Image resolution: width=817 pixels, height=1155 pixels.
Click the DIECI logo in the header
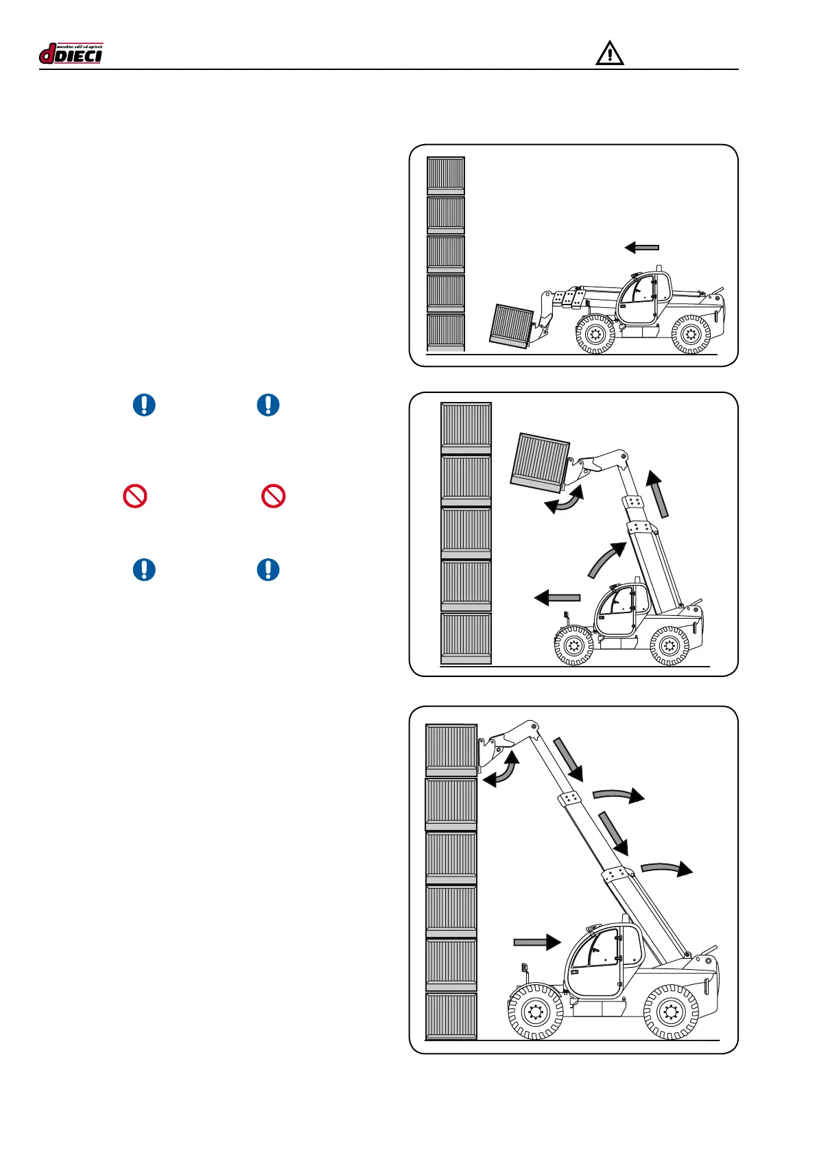coord(71,53)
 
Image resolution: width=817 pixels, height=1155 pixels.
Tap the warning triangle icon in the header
coord(609,53)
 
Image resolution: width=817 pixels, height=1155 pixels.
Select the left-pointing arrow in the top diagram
coord(641,248)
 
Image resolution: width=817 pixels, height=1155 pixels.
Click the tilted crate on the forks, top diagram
coord(512,325)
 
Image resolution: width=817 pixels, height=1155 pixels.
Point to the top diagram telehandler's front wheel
coord(595,335)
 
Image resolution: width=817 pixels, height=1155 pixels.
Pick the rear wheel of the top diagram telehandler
coord(691,335)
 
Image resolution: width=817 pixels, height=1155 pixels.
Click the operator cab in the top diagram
coord(643,297)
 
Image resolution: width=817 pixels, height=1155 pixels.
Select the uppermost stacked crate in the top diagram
coord(446,176)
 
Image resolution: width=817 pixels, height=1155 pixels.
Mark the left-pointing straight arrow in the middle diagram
coord(557,598)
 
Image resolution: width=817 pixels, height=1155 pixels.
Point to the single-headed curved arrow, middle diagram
coord(607,559)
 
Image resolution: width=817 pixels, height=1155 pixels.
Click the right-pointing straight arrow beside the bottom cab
coord(537,942)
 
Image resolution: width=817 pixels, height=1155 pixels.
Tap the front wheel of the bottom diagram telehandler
coord(535,1012)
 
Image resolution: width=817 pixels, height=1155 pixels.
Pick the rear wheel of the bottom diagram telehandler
coord(671,1012)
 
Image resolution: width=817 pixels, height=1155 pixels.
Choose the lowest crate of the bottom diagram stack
coord(451,1016)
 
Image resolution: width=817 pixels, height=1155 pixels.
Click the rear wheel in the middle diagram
coord(669,645)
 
